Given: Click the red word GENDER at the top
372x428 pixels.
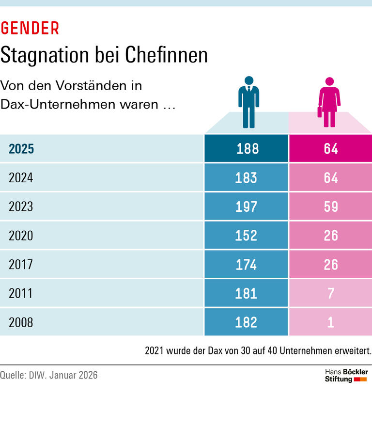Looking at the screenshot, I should pyautogui.click(x=30, y=29).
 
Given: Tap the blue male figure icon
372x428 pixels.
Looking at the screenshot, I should pyautogui.click(x=248, y=102).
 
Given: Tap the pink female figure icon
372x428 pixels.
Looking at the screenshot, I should pyautogui.click(x=329, y=102).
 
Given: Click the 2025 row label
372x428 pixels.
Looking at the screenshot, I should pyautogui.click(x=21, y=149).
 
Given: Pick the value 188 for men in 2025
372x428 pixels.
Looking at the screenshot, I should pyautogui.click(x=247, y=149).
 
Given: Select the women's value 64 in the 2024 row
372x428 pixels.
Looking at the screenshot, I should pyautogui.click(x=331, y=178).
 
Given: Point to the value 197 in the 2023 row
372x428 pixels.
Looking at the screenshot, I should pyautogui.click(x=246, y=207).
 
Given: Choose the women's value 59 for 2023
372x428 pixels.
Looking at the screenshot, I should pyautogui.click(x=331, y=207).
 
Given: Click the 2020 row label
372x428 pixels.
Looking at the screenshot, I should pyautogui.click(x=21, y=236).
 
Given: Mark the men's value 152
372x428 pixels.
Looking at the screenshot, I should pyautogui.click(x=246, y=236).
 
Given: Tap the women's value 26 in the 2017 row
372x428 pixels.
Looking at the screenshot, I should pyautogui.click(x=331, y=265).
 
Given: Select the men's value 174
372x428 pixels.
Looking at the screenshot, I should pyautogui.click(x=246, y=265).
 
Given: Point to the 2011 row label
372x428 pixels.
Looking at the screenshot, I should pyautogui.click(x=21, y=293).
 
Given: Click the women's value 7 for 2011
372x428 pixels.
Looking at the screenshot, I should pyautogui.click(x=331, y=293).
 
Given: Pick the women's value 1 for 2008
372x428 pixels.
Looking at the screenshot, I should pyautogui.click(x=331, y=322).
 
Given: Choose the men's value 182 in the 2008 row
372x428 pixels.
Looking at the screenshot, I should pyautogui.click(x=246, y=322).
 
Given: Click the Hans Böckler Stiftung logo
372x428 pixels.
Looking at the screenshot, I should pyautogui.click(x=346, y=376).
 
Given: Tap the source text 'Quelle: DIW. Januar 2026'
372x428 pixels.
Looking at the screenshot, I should pyautogui.click(x=49, y=375).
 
